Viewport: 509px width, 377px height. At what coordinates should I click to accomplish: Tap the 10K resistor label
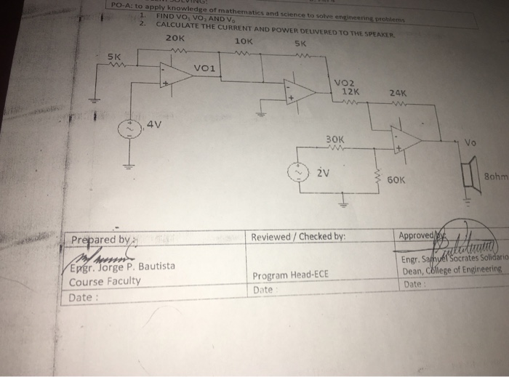point(244,42)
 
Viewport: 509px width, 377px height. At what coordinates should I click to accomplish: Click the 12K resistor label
point(349,92)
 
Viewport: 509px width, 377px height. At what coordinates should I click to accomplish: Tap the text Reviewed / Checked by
point(298,236)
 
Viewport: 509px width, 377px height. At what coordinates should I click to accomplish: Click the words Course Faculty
point(105,280)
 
